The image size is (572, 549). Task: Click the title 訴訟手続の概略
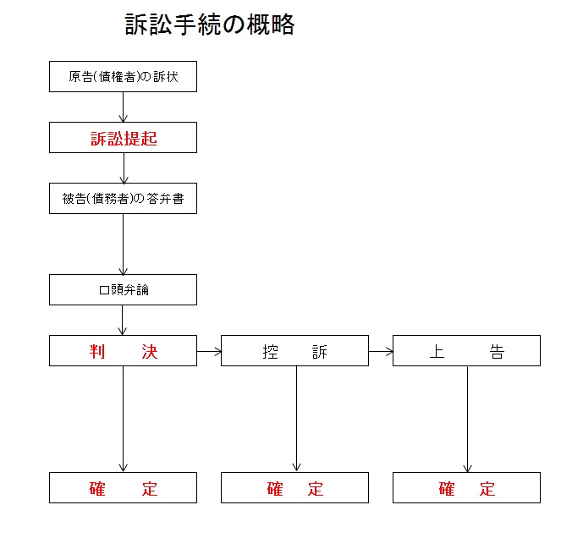209,25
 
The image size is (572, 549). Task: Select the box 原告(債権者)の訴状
123,77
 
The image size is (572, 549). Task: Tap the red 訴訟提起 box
123,138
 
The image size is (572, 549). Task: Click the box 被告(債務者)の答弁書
123,199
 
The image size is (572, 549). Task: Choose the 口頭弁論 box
123,289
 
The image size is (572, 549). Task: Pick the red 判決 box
123,350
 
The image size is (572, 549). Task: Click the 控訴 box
294,350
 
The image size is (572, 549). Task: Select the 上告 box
466,350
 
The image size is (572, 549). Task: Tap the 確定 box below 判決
123,488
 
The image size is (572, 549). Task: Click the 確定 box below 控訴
294,488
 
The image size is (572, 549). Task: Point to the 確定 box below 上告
466,488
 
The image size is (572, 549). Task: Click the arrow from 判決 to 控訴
209,352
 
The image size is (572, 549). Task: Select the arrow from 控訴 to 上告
381,352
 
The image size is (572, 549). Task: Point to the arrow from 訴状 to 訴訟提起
124,107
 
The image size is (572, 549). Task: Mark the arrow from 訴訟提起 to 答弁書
124,168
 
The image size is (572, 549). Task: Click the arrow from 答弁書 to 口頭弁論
124,244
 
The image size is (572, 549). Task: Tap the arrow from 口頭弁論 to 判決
123,320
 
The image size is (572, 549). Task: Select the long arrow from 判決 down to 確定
124,419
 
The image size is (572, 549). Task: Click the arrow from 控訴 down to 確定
297,419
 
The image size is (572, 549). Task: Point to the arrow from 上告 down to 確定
467,419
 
